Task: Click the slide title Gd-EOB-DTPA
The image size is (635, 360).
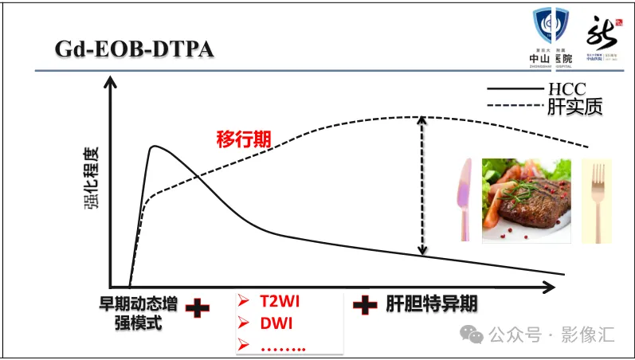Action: (x=134, y=49)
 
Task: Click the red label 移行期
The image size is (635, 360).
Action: (x=244, y=139)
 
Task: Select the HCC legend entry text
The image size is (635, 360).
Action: (x=566, y=89)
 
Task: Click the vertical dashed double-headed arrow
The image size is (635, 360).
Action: (x=423, y=185)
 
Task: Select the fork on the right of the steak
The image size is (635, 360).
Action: (x=596, y=199)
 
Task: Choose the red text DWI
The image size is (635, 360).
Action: (x=276, y=324)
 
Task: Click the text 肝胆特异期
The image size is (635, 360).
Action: (x=431, y=304)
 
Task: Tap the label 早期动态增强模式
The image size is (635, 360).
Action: (x=139, y=312)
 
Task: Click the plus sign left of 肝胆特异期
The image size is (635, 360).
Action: (x=365, y=304)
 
